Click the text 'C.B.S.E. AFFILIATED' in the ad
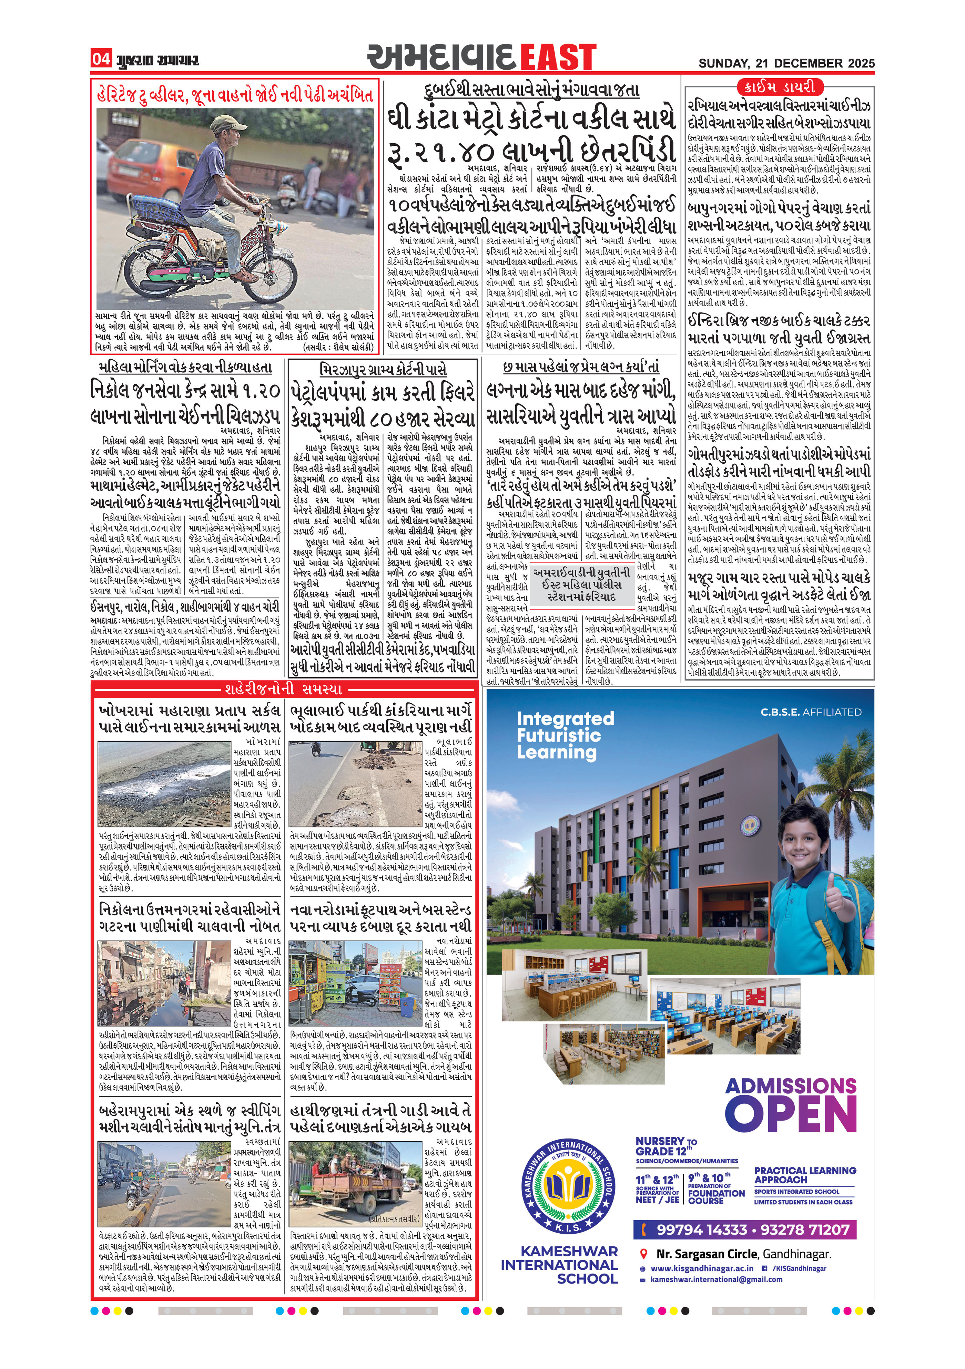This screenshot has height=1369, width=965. pyautogui.click(x=811, y=712)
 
